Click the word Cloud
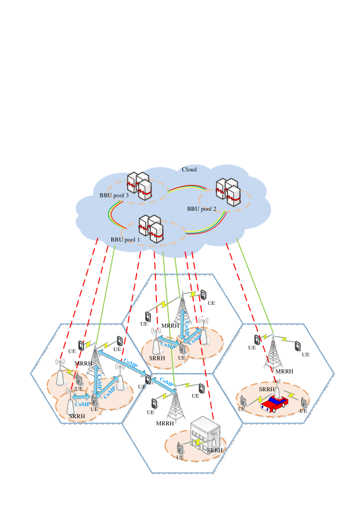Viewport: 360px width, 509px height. [x=189, y=169]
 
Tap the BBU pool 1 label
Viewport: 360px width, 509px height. [x=125, y=239]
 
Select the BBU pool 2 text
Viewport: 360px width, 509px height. [x=201, y=209]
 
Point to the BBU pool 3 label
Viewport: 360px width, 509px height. [x=114, y=195]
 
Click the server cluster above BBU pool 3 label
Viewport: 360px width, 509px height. [x=139, y=186]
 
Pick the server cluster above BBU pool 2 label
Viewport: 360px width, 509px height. [x=228, y=192]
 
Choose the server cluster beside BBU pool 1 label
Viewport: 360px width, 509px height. [x=152, y=228]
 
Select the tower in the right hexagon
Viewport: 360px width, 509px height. [x=273, y=352]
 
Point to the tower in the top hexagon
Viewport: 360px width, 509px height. [x=181, y=311]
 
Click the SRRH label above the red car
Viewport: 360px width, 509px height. [x=266, y=389]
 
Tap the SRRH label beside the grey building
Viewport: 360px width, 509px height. [x=214, y=450]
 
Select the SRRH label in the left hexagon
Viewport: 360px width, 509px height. [x=77, y=416]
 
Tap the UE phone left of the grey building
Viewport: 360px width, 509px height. [x=179, y=447]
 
